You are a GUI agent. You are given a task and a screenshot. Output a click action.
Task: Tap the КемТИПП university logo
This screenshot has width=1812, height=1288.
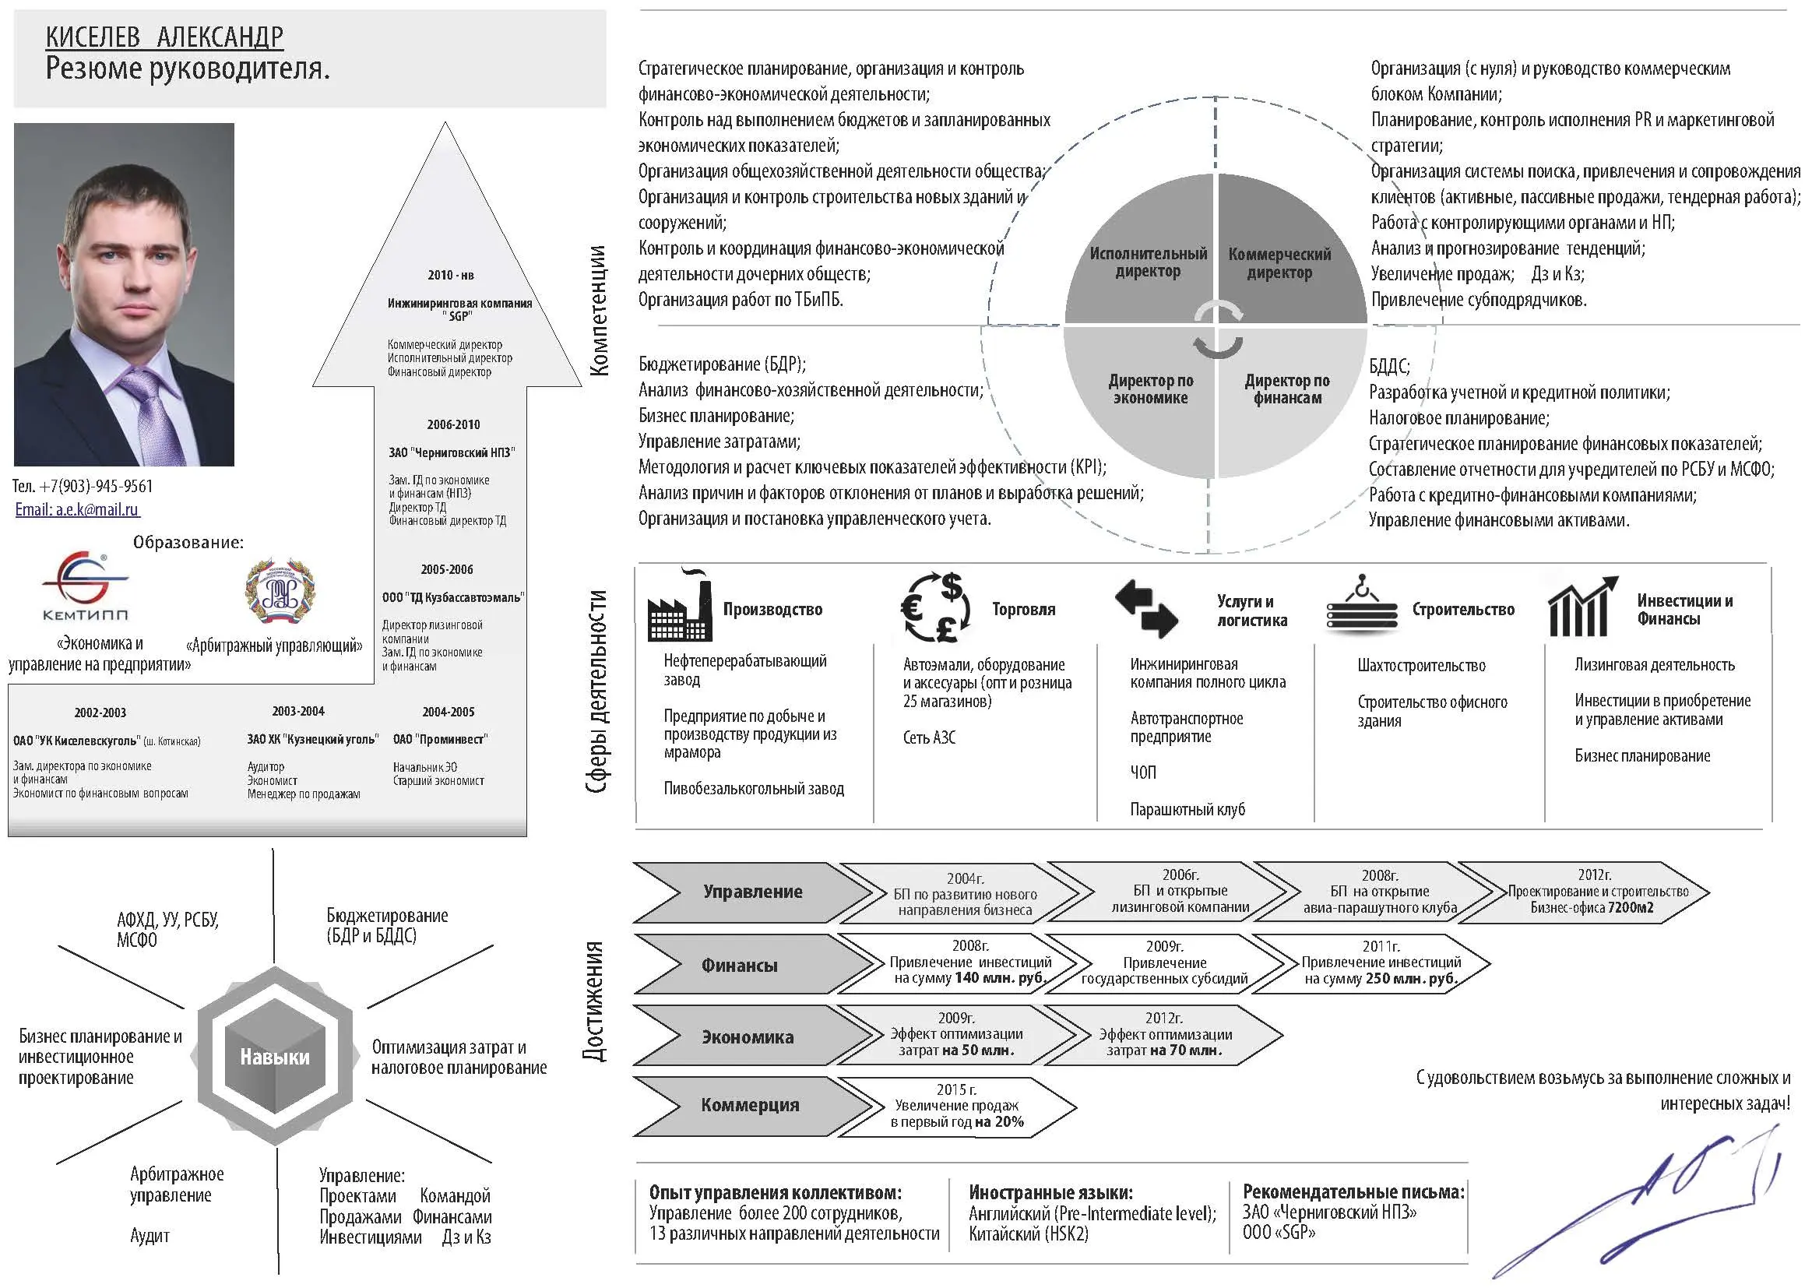click(x=85, y=586)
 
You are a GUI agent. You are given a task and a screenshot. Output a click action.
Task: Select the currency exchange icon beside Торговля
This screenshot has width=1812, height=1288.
click(x=937, y=607)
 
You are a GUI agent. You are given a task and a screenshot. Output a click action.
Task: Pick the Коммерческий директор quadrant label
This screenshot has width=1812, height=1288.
click(x=1279, y=263)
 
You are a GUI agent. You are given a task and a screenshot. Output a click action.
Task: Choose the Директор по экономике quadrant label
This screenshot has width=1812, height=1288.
click(x=1151, y=389)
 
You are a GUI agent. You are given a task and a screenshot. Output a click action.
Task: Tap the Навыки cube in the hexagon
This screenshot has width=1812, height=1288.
click(x=275, y=1057)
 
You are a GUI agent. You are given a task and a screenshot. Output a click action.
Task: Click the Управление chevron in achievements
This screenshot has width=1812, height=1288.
click(x=751, y=892)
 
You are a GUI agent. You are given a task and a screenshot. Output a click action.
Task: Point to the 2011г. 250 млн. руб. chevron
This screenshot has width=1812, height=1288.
click(x=1372, y=963)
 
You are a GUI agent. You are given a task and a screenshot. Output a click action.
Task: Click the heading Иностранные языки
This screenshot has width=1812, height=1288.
click(x=1050, y=1192)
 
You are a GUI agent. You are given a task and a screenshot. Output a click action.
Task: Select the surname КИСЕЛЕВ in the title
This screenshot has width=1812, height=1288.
click(x=93, y=37)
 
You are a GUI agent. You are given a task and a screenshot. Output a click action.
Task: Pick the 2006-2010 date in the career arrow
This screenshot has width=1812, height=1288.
click(x=454, y=424)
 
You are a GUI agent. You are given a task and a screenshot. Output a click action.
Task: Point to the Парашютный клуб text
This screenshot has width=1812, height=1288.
click(x=1187, y=810)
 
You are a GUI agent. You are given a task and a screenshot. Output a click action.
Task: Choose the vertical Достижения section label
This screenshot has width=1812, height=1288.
click(x=594, y=1001)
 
